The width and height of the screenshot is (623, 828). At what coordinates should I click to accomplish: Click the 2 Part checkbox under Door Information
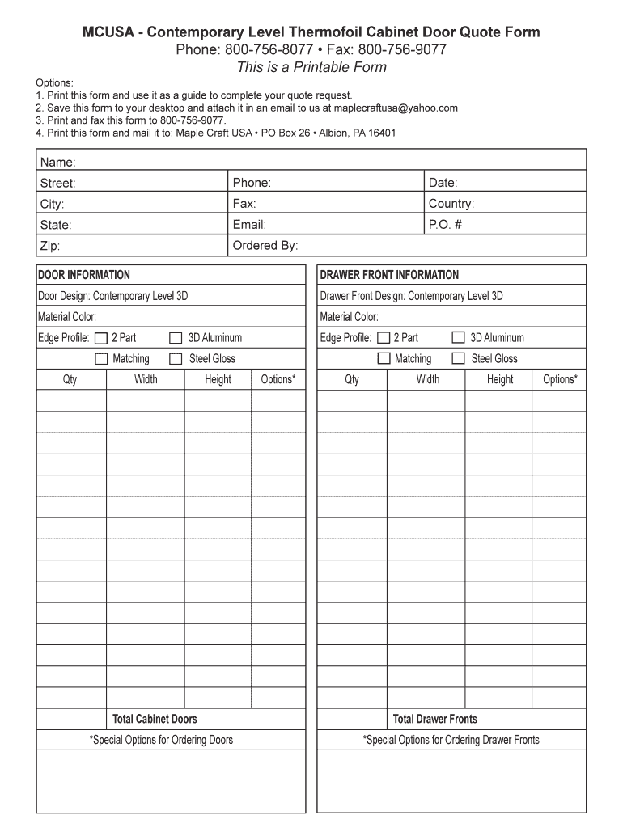tap(101, 338)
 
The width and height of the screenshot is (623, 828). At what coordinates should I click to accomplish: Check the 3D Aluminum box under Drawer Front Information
tap(458, 338)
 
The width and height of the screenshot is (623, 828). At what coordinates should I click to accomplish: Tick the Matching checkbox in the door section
tap(101, 359)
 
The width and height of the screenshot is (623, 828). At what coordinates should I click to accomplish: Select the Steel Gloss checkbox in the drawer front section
tap(458, 359)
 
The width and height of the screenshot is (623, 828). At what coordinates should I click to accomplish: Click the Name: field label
tap(58, 163)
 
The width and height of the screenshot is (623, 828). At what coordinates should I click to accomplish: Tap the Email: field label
tap(249, 225)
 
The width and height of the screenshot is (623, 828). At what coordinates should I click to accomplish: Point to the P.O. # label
tap(445, 225)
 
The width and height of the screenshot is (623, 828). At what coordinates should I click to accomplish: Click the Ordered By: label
tap(265, 246)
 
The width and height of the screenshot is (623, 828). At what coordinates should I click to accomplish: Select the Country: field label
tap(451, 204)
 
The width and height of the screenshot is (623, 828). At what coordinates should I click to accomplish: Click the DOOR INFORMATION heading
tap(84, 275)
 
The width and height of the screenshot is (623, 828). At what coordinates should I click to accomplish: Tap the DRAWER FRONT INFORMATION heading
tap(389, 275)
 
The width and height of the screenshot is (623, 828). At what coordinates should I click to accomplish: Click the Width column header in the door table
tap(146, 379)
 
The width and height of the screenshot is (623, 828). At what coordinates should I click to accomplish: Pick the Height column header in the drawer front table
tap(500, 379)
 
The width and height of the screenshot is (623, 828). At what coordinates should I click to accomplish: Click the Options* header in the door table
tap(278, 379)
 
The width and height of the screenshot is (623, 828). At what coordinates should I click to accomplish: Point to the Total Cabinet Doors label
tap(155, 719)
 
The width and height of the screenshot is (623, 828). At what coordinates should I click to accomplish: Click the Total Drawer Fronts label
tap(434, 719)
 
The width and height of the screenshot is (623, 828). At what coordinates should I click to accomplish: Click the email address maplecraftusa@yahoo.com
tap(396, 108)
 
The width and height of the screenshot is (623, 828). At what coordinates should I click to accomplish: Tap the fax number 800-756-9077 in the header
tap(402, 50)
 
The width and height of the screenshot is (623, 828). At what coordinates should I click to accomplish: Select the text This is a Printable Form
tap(311, 68)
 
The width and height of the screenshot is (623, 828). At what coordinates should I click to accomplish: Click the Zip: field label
tap(50, 246)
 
